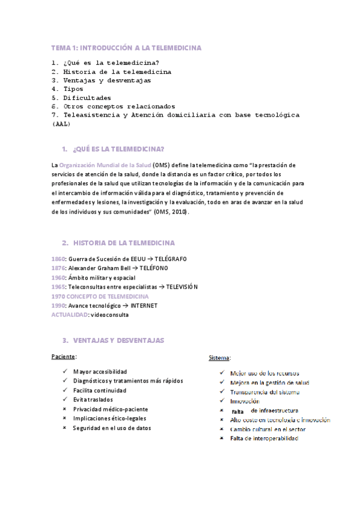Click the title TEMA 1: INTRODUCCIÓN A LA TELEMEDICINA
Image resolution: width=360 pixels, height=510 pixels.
coord(126,48)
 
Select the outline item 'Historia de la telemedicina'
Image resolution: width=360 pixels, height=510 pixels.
coord(111,72)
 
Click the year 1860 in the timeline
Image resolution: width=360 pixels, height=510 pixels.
coord(58,259)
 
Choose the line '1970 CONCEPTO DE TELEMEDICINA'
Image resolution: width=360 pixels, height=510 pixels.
coord(100,296)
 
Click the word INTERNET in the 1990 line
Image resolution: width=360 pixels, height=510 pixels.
coord(144,306)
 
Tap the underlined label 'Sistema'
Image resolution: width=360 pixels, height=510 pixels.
coord(219,358)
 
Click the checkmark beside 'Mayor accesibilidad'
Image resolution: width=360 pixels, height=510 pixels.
coord(64,372)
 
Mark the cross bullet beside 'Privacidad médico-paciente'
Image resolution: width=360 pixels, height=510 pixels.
coord(64,409)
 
